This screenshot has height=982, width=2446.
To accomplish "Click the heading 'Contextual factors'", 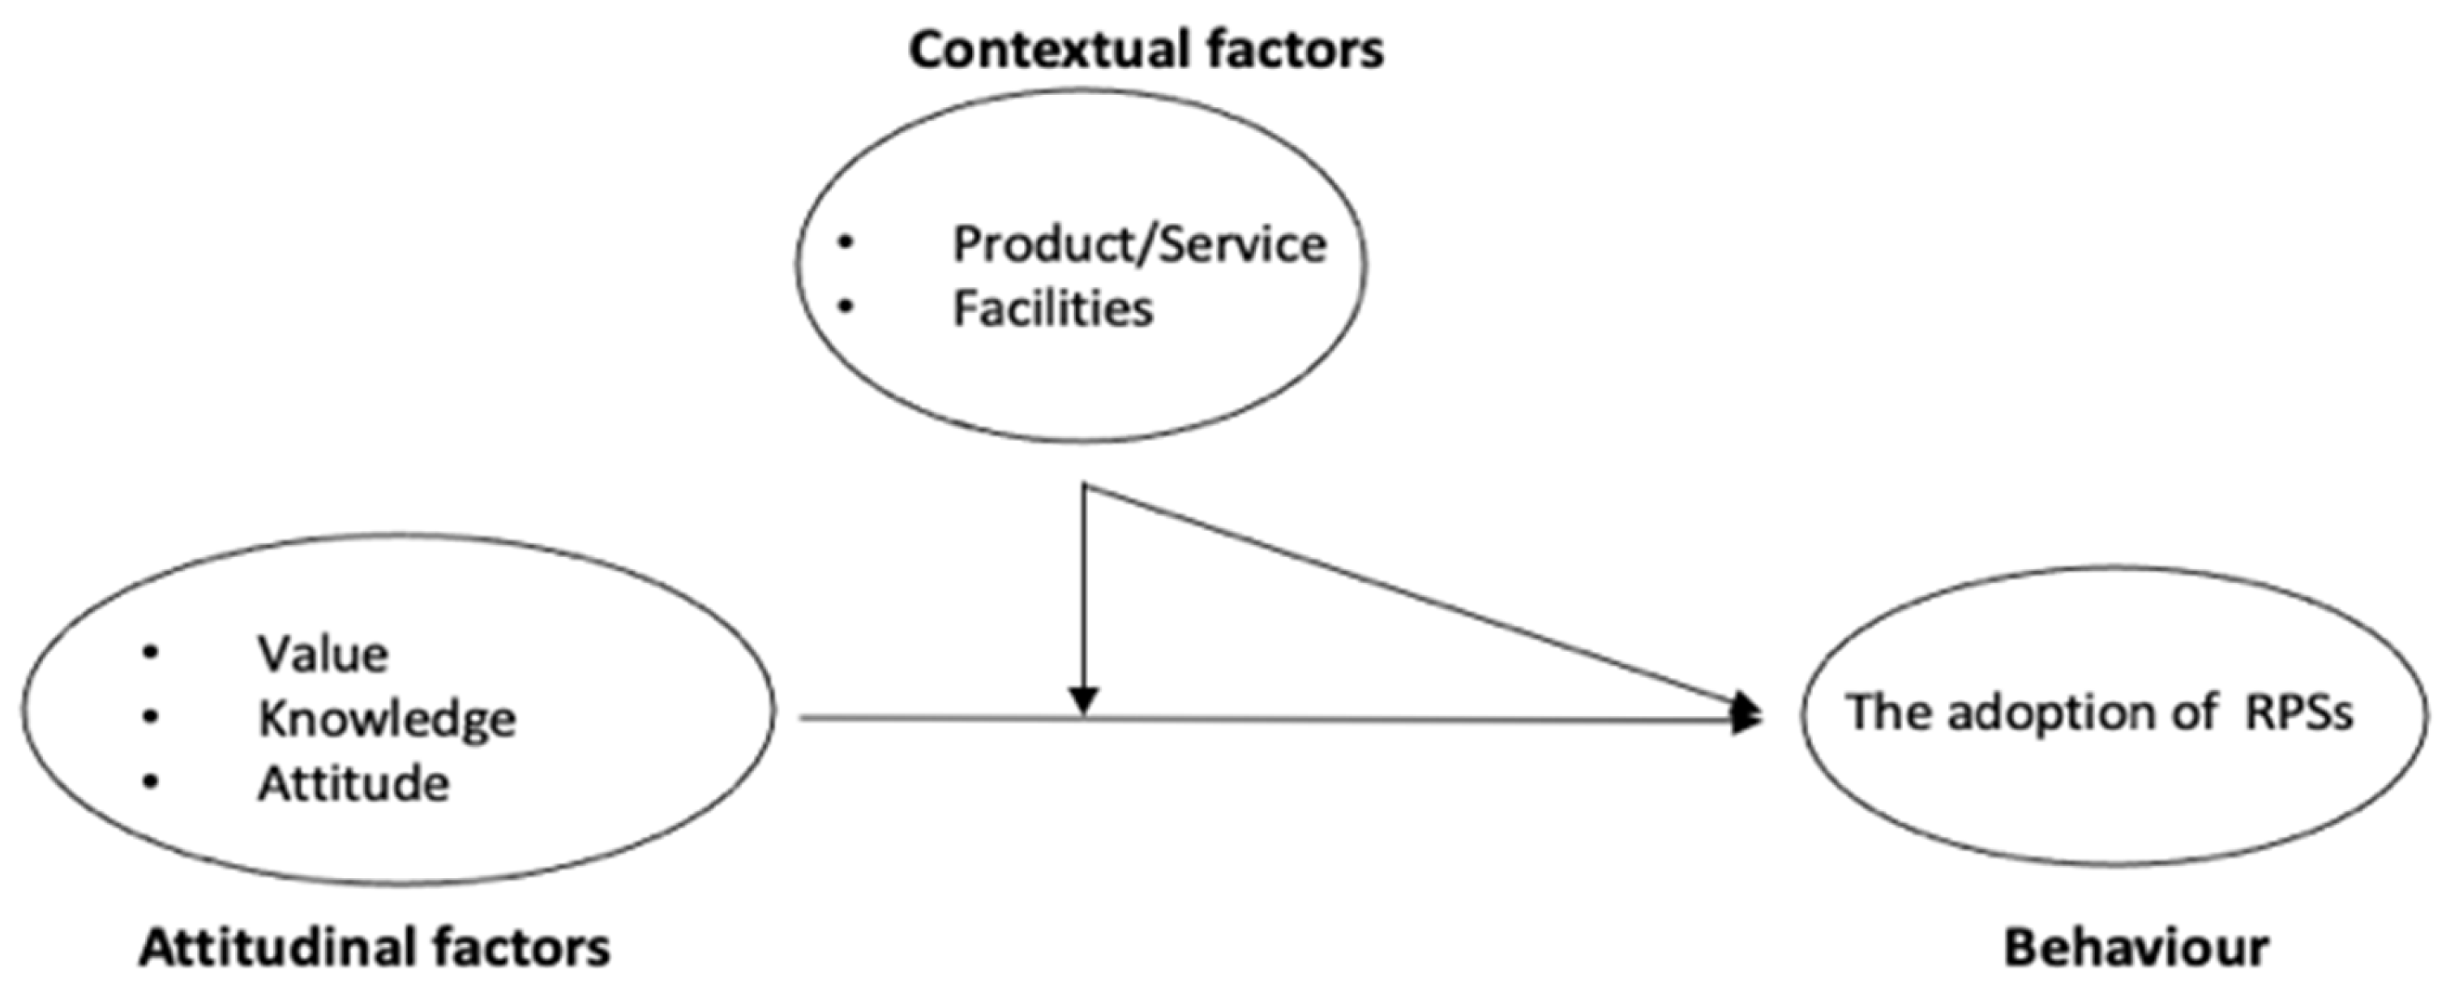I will [1146, 49].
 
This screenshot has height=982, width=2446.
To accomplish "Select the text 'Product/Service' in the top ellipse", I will [1138, 245].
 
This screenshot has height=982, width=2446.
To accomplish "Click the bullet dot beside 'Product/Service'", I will [844, 243].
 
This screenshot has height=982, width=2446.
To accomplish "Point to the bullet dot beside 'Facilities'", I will [844, 307].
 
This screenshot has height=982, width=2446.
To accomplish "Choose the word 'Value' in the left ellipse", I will [323, 654].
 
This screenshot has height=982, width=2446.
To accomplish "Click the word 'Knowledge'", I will [388, 719].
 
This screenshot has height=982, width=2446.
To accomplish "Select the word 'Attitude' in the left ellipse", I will [353, 784].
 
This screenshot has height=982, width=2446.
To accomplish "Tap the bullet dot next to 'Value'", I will [150, 653].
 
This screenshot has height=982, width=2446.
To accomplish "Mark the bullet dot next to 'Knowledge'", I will [150, 717].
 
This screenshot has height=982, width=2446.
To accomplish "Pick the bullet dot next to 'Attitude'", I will [150, 782].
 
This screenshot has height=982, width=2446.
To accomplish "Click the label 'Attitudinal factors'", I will [375, 948].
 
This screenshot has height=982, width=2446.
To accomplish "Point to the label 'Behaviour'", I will [2136, 948].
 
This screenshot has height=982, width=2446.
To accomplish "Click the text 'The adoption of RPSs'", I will [2098, 712].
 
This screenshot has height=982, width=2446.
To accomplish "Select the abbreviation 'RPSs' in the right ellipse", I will [2298, 712].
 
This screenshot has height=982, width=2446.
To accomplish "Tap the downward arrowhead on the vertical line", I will [1083, 701].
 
